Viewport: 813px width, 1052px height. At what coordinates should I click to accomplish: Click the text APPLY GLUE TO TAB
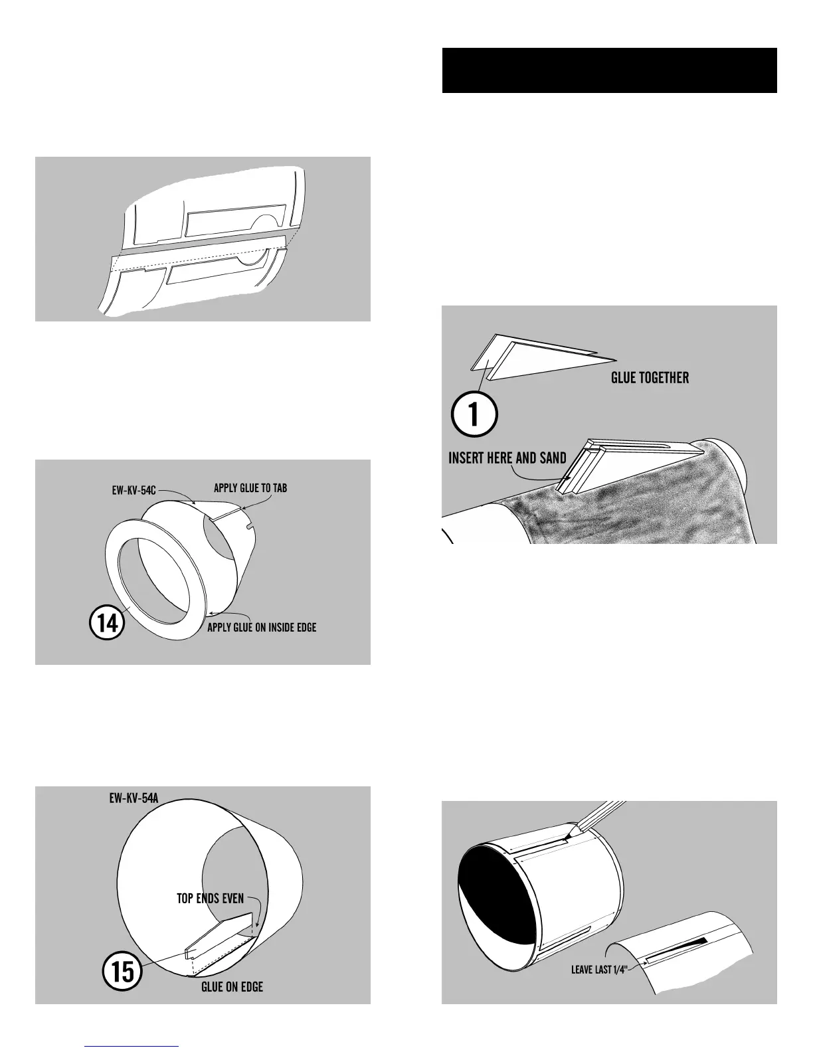click(250, 489)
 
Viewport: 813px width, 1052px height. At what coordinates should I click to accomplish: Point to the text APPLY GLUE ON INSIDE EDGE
click(262, 628)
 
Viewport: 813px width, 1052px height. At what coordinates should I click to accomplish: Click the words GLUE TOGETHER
click(650, 378)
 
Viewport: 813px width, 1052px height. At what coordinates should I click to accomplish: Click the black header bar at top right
click(609, 70)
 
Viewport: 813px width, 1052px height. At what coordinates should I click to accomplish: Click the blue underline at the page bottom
click(132, 1047)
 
